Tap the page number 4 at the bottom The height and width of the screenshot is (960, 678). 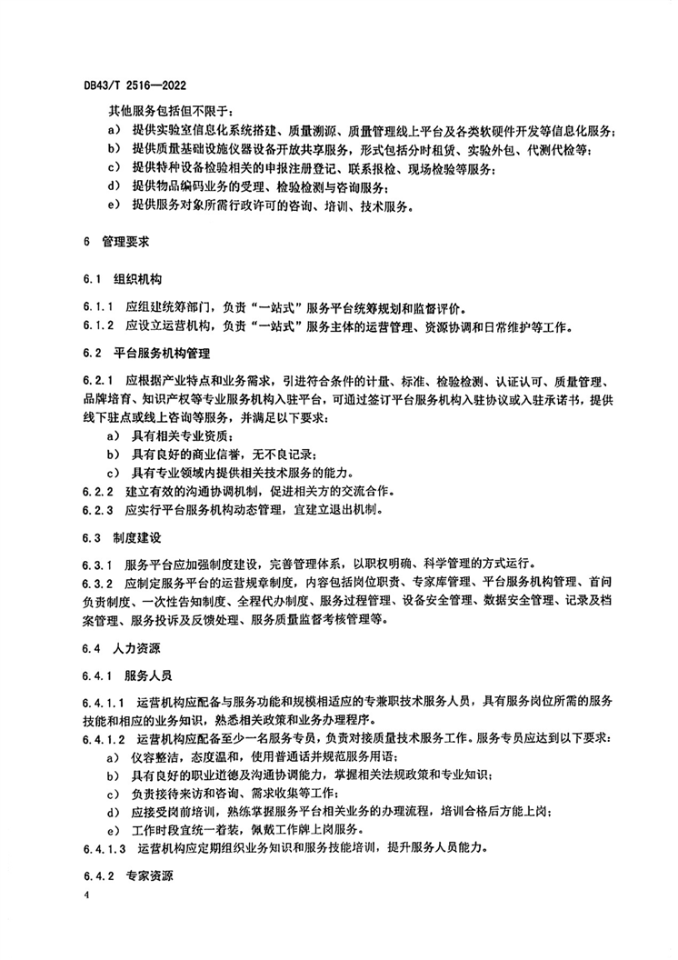[85, 897]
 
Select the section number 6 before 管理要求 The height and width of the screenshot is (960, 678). [85, 243]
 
